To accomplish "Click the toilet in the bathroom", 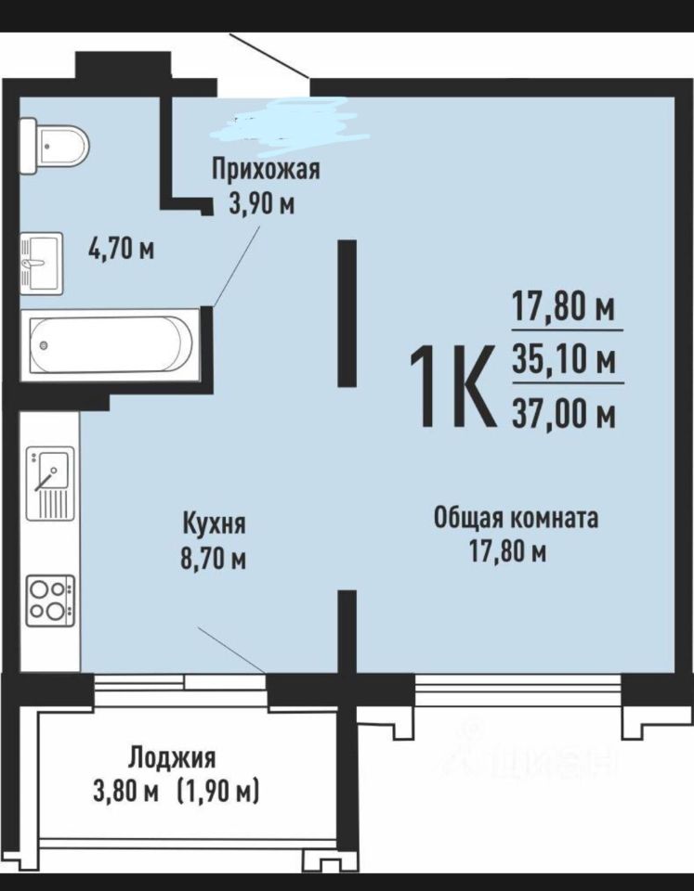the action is pos(53,146).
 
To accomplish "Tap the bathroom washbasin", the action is pos(41,263).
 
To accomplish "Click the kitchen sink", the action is pos(50,483).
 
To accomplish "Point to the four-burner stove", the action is pos(50,600).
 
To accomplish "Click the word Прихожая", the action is pos(266,170).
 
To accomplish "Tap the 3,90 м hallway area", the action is pos(262,203).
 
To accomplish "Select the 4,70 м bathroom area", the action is pos(121,249).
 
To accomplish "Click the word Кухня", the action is pos(214,523).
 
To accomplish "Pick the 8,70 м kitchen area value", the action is pos(214,560).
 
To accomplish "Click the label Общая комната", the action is pos(516,518).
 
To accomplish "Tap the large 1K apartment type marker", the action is pos(451,386).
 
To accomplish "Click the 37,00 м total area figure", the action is pos(564,412).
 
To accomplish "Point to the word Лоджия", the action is pos(172,758).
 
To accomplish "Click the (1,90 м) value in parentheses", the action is pos(218,791).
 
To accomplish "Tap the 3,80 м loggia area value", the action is pos(125,792).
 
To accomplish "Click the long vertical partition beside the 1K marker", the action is pos(347,313).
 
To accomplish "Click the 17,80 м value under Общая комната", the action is pos(507,550).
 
